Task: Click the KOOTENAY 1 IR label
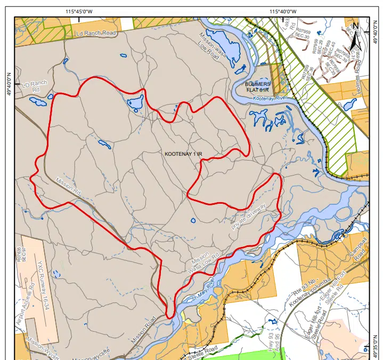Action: tap(185, 154)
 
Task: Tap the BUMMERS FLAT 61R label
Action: tap(258, 87)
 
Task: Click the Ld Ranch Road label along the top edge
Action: tap(96, 33)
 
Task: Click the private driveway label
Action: tap(249, 216)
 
